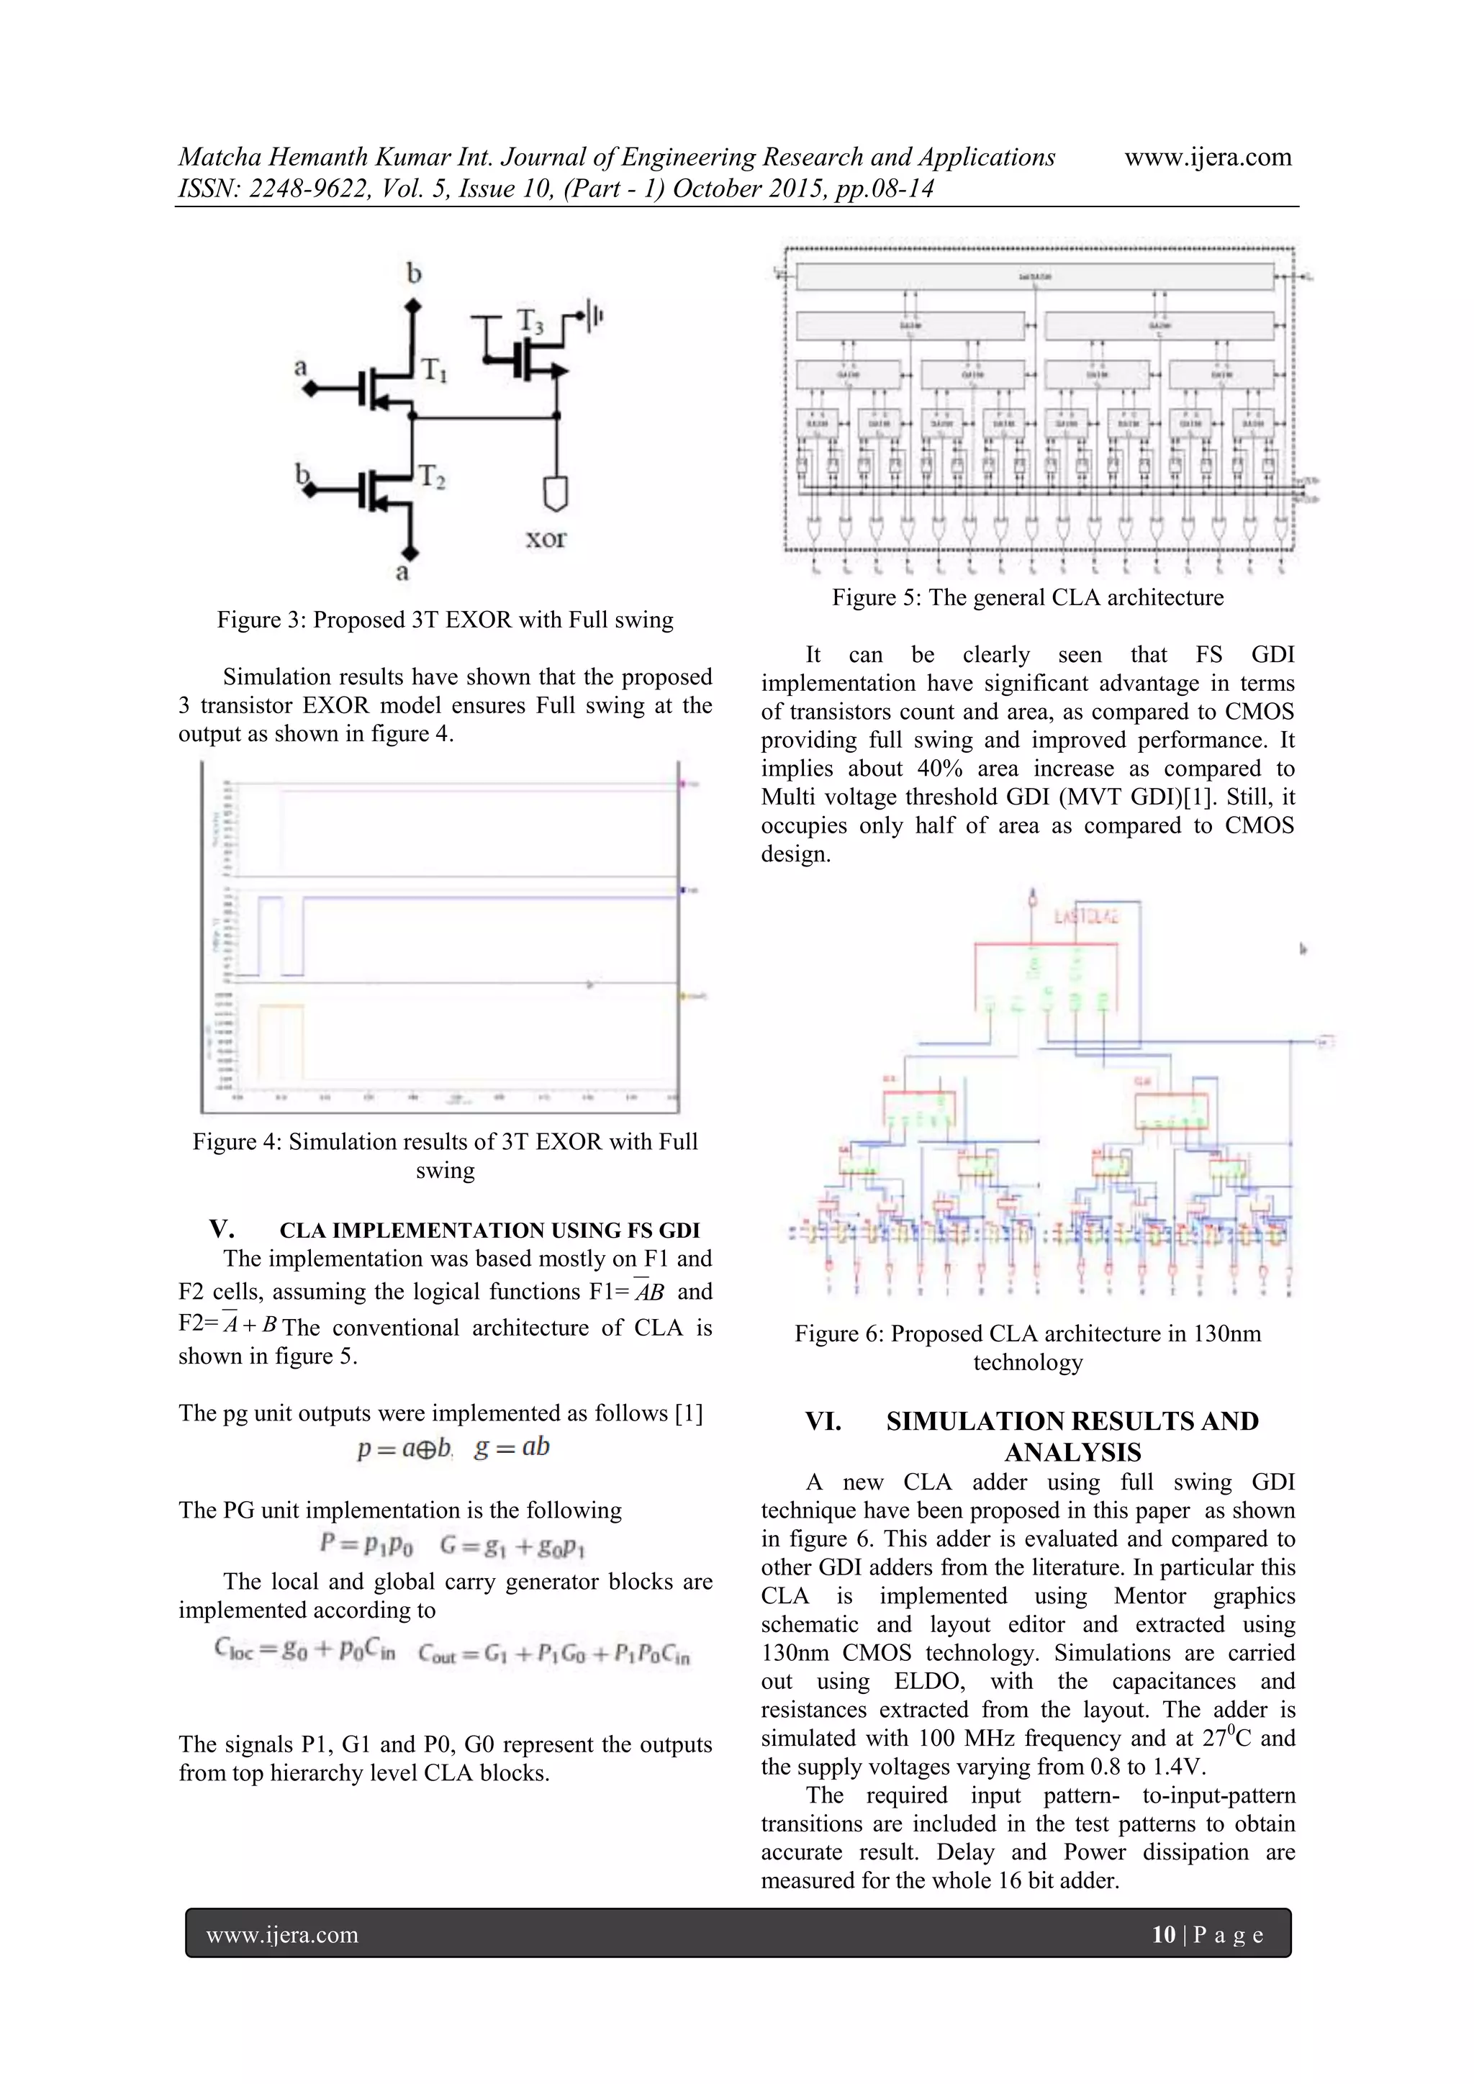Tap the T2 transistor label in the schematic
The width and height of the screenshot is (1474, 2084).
[x=431, y=477]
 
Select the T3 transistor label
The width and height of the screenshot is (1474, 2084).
[x=531, y=322]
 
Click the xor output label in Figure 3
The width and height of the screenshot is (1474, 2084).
[x=546, y=538]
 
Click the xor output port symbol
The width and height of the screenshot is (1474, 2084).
[x=555, y=493]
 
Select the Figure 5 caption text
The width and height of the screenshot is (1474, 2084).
[x=1028, y=597]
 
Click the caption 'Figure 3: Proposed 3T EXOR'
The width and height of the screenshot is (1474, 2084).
[x=445, y=620]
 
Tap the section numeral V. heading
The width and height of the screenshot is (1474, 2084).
[x=222, y=1229]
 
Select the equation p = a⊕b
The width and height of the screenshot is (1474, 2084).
[x=404, y=1448]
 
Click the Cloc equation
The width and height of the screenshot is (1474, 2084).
[x=305, y=1649]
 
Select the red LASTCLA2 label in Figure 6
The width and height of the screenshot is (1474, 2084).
[x=1085, y=917]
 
